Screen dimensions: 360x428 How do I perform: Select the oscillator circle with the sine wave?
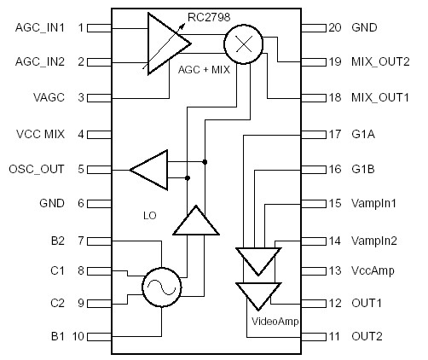coord(161,287)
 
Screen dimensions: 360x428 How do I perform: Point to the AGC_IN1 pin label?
coord(40,27)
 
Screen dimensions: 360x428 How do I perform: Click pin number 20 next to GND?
coord(333,27)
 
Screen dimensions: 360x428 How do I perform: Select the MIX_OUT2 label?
coord(380,62)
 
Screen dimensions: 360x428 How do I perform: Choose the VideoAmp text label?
coord(275,321)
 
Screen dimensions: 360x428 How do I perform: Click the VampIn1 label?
coord(373,203)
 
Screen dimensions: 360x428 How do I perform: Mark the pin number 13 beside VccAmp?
coord(333,270)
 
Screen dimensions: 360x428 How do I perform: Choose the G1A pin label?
coord(363,133)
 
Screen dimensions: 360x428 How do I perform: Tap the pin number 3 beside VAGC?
coord(81,98)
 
